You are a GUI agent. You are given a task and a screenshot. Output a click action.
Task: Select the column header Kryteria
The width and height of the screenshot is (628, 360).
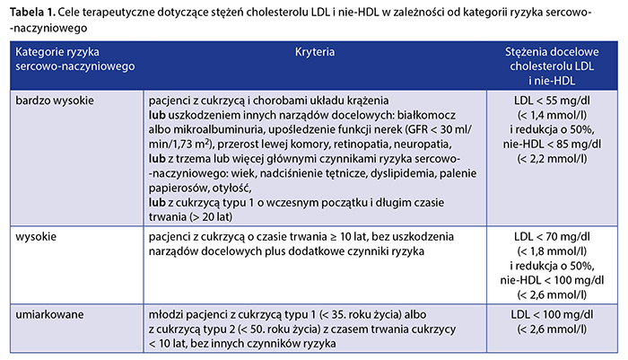(314, 53)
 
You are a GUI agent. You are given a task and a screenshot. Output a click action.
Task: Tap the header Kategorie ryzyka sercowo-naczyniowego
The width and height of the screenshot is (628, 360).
(68, 61)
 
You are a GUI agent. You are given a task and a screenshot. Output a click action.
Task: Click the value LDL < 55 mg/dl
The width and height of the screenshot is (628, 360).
(550, 101)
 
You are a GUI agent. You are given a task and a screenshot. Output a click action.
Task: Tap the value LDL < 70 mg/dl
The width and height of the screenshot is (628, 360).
(550, 236)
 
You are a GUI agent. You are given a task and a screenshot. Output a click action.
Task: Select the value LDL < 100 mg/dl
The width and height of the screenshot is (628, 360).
(550, 316)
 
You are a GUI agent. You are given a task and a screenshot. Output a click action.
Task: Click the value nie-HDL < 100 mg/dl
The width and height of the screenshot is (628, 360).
(550, 277)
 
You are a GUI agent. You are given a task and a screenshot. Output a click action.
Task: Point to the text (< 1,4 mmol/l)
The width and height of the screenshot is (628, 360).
(550, 115)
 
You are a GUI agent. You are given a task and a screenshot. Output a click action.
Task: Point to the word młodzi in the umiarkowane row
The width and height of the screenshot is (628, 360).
(169, 316)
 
